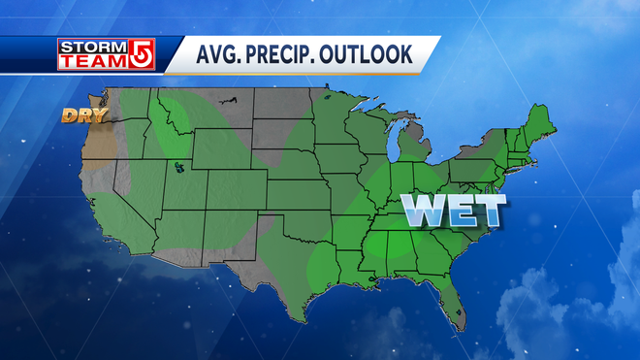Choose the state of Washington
pyautogui.click(x=121, y=105)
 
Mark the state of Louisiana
pyautogui.click(x=348, y=273)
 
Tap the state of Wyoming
pyautogui.click(x=221, y=153)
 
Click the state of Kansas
pyautogui.click(x=302, y=204)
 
